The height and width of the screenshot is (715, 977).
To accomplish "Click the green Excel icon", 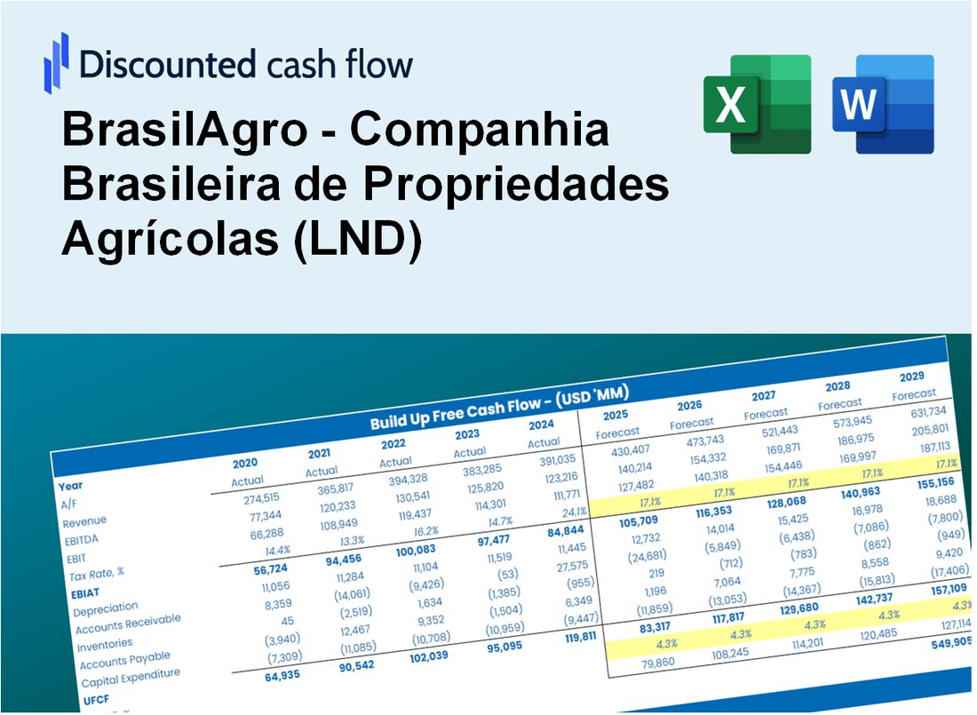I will pyautogui.click(x=757, y=104).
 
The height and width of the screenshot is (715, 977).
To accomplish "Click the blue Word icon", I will pyautogui.click(x=883, y=104).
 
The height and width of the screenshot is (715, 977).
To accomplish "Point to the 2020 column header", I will pyautogui.click(x=245, y=464).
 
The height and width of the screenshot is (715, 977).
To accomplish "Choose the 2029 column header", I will pyautogui.click(x=911, y=377).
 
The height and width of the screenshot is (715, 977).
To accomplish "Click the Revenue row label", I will pyautogui.click(x=84, y=520).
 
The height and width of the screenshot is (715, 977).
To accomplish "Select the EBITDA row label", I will pyautogui.click(x=81, y=539).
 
